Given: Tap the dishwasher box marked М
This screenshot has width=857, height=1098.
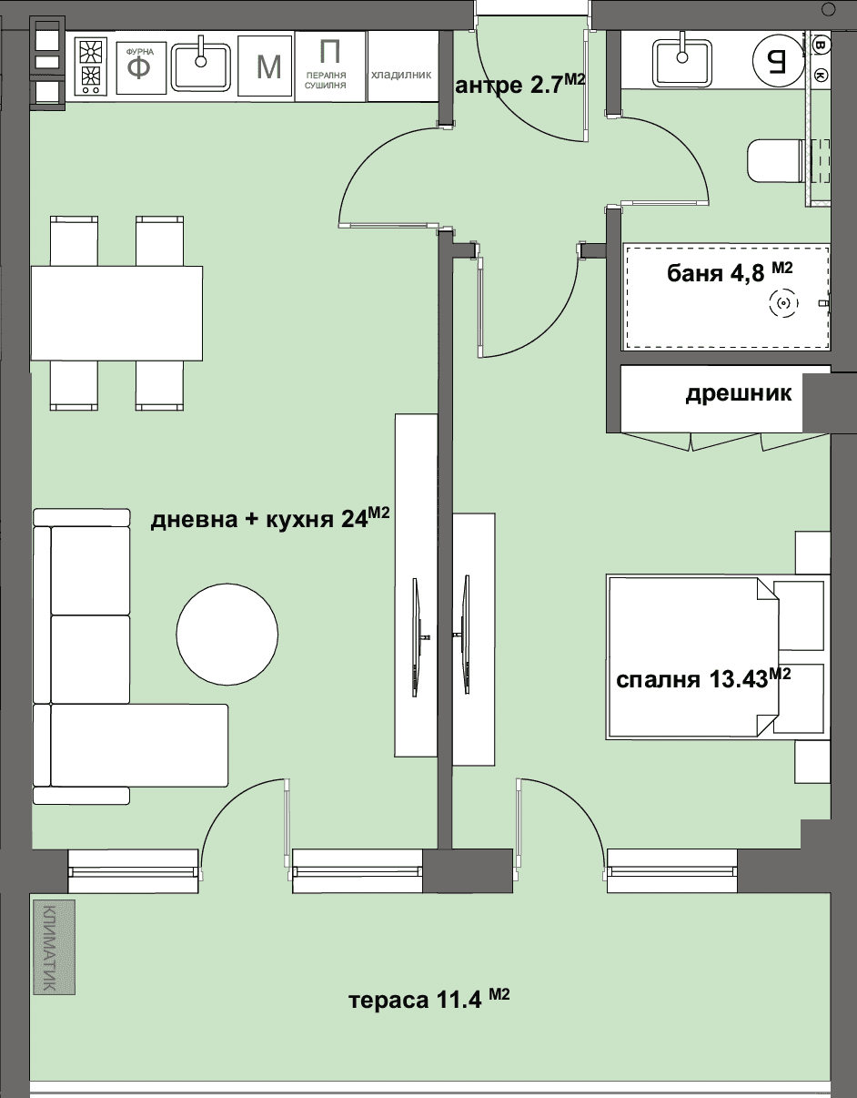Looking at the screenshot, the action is (265, 66).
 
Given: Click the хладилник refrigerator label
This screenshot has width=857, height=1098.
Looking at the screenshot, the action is (401, 76).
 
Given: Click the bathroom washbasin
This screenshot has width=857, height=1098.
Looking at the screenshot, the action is (682, 64).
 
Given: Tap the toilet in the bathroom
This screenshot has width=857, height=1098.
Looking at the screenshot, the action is (775, 160).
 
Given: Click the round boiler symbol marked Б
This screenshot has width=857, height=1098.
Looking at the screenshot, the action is (777, 60).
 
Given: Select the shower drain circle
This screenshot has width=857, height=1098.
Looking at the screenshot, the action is (783, 303).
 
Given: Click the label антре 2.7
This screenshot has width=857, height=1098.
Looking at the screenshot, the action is (520, 85).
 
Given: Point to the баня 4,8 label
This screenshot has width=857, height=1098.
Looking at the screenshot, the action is (730, 272).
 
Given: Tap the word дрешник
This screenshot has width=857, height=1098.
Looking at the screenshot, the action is (739, 393).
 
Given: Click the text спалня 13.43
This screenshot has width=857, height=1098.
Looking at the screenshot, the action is (703, 678).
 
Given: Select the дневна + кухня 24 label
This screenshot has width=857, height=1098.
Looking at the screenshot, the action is (270, 518).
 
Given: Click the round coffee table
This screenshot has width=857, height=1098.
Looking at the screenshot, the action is (227, 635).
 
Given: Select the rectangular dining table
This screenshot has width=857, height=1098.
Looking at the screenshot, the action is (116, 313).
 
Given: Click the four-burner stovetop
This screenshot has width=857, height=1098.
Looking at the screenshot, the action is (91, 66).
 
